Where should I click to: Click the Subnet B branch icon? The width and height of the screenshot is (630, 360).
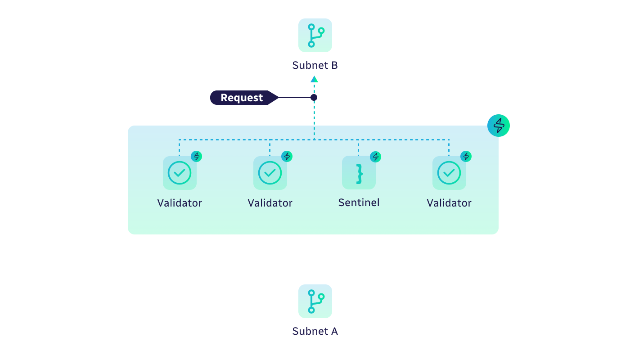tap(315, 35)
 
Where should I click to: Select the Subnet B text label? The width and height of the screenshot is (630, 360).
tap(315, 65)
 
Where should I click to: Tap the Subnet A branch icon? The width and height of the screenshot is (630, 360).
tap(315, 301)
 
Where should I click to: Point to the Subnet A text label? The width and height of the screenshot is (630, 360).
tap(315, 331)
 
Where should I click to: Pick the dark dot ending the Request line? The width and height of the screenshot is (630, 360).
tap(314, 98)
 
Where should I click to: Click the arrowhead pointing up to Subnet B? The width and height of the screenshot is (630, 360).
tap(314, 79)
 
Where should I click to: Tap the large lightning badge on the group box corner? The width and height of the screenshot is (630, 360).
tap(499, 126)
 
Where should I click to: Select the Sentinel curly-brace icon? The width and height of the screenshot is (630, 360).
tap(359, 173)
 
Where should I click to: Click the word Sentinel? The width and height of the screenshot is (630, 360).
tap(359, 202)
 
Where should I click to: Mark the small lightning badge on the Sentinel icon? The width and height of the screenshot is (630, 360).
tap(375, 157)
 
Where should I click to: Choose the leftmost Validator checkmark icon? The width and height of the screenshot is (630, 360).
tap(180, 173)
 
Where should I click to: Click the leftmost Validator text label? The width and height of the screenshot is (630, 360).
tap(180, 203)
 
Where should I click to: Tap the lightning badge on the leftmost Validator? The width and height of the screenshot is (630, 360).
tap(197, 157)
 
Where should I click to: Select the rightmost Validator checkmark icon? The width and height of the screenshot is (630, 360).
tap(449, 173)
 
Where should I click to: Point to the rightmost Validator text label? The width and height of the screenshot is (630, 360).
tap(449, 203)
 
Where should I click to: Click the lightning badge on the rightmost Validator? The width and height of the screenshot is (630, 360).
tap(466, 157)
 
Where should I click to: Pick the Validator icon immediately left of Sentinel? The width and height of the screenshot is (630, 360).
tap(270, 173)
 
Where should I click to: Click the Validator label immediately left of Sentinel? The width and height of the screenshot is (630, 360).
tap(270, 203)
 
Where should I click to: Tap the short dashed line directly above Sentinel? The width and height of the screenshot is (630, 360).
tap(359, 148)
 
